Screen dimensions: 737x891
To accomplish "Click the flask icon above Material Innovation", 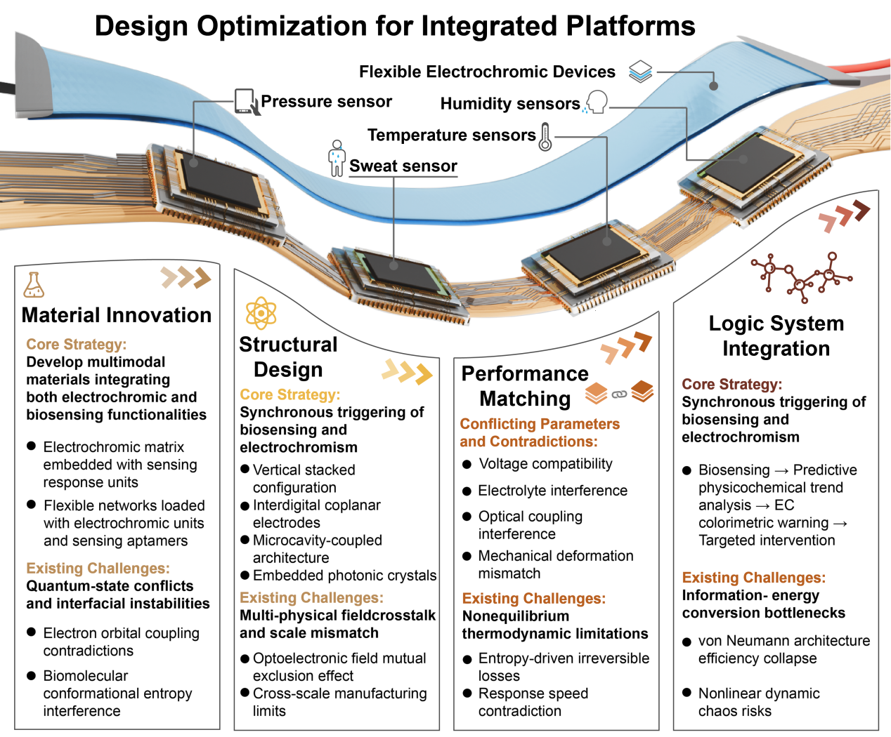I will tap(34, 284).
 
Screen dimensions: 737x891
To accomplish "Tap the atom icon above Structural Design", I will tap(261, 313).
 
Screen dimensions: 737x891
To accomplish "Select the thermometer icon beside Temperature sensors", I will tap(545, 136).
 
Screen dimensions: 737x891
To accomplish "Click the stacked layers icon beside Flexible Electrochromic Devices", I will tap(640, 71).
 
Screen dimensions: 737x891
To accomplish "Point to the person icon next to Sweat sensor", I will tap(337, 158).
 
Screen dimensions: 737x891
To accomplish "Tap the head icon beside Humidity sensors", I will tap(596, 102).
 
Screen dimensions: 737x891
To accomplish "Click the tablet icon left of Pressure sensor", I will tap(246, 102).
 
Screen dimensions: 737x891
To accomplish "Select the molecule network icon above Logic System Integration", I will tap(801, 274).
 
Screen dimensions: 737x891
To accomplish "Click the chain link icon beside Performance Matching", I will tap(619, 394).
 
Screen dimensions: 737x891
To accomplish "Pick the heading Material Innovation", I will tap(117, 315).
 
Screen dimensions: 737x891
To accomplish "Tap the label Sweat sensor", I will tap(403, 166).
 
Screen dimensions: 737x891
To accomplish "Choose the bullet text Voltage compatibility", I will tap(545, 464).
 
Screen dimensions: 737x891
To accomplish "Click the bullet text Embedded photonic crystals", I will tap(344, 576).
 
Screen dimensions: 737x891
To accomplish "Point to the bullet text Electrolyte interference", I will tap(552, 491).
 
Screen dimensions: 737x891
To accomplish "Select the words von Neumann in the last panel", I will tap(737, 641).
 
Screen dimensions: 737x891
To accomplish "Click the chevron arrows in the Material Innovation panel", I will tap(186, 278).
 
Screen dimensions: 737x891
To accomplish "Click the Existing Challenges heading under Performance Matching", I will tap(533, 599).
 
